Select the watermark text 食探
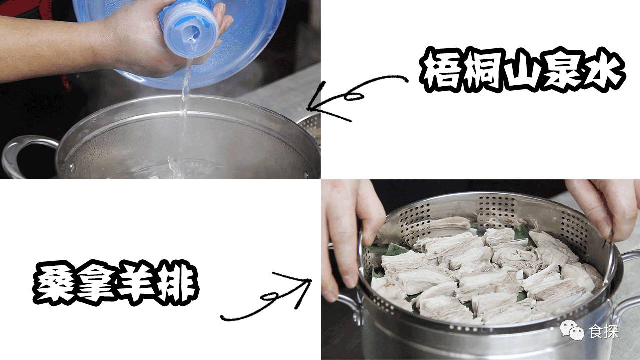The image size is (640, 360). click(603, 331)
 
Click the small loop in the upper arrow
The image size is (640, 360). click(354, 97)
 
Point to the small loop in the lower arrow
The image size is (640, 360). click(269, 297)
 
